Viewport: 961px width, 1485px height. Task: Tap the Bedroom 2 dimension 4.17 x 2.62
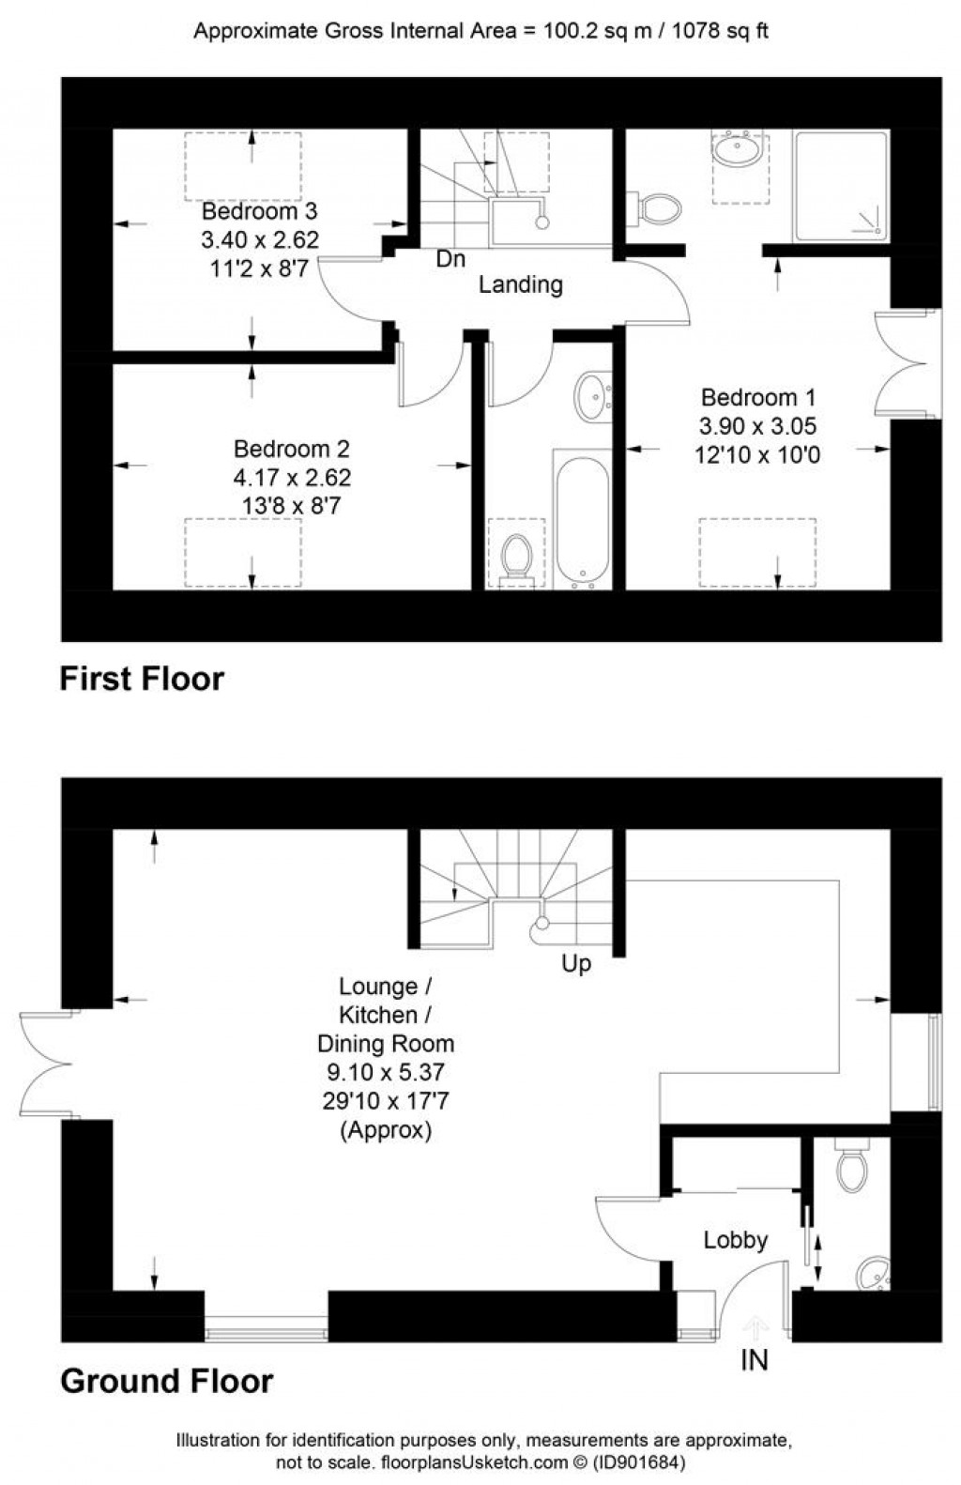292,478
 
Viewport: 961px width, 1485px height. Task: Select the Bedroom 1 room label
758,397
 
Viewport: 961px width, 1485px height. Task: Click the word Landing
520,284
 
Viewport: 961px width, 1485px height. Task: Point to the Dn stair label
450,259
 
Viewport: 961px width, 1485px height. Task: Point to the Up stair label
576,963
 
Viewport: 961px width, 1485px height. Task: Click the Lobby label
736,1240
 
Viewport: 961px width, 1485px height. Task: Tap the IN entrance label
755,1359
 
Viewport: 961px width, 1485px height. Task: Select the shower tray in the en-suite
840,185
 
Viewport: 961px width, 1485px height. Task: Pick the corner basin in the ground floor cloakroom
874,1273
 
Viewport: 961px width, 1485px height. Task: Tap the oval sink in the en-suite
738,150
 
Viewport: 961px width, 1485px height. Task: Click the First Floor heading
142,679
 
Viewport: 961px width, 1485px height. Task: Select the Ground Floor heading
166,1381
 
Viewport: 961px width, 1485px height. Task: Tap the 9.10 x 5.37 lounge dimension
385,1072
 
